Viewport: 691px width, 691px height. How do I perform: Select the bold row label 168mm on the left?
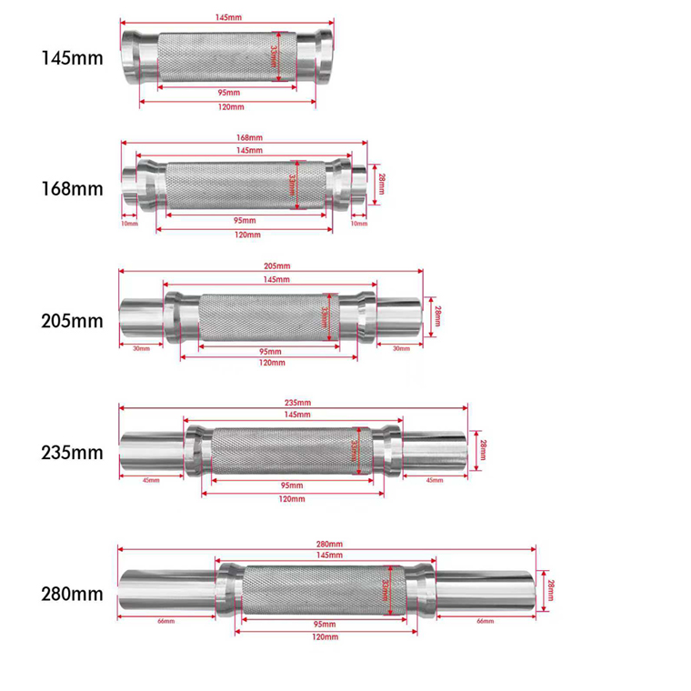pyautogui.click(x=72, y=191)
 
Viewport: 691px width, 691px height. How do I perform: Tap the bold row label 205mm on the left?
pyautogui.click(x=72, y=321)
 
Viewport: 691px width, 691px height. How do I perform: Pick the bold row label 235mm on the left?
pyautogui.click(x=72, y=452)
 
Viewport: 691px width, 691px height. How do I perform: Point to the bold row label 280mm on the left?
pyautogui.click(x=72, y=595)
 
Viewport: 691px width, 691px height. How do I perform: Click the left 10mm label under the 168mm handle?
pyautogui.click(x=128, y=223)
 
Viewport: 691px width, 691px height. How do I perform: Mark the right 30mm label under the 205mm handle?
pyautogui.click(x=400, y=348)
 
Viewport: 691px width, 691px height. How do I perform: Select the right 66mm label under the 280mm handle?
pyautogui.click(x=485, y=621)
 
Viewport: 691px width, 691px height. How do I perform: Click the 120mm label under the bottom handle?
pyautogui.click(x=325, y=637)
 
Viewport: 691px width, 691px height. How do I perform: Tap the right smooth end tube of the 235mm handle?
pyautogui.click(x=432, y=449)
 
